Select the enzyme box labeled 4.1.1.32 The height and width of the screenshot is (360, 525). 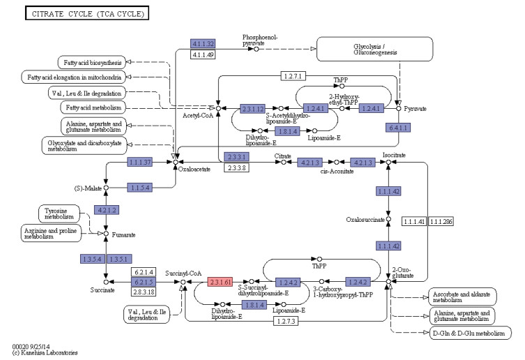pyautogui.click(x=204, y=43)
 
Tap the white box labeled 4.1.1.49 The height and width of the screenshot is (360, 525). pyautogui.click(x=204, y=54)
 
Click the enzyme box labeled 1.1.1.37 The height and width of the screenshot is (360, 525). pyautogui.click(x=140, y=163)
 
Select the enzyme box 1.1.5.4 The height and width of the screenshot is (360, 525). pyautogui.click(x=140, y=187)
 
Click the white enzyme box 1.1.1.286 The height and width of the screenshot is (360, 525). pyautogui.click(x=440, y=221)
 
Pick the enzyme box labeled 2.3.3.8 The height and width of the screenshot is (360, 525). pyautogui.click(x=238, y=168)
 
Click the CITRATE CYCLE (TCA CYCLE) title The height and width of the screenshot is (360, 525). pyautogui.click(x=86, y=13)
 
